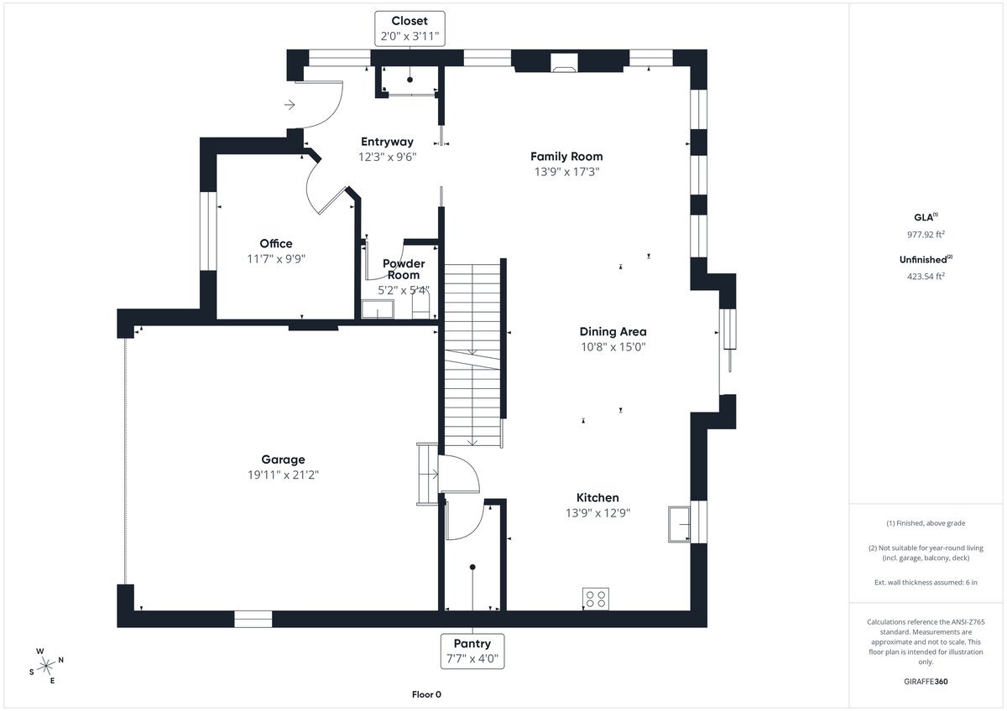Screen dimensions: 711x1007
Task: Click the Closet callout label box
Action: click(410, 29)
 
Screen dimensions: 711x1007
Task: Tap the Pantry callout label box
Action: click(472, 651)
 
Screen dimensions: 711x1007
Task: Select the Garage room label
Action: click(283, 459)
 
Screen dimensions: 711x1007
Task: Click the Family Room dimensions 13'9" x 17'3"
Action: click(566, 172)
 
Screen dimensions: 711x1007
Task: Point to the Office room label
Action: click(276, 244)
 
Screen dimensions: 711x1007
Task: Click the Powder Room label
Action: click(404, 269)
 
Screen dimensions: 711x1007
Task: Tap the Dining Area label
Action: click(613, 331)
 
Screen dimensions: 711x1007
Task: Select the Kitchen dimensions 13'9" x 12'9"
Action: click(597, 513)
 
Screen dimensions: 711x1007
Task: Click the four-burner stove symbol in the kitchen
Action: click(596, 599)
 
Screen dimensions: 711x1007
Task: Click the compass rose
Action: click(45, 665)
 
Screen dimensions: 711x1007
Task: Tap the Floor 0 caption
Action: click(426, 694)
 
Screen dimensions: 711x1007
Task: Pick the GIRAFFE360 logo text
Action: click(926, 682)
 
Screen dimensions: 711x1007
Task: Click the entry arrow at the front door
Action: click(290, 105)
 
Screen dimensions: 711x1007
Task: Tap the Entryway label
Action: click(387, 142)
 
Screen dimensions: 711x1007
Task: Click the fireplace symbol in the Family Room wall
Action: click(564, 61)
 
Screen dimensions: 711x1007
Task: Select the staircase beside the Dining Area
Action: click(472, 352)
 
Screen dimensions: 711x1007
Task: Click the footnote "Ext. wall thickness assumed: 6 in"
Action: click(926, 582)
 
